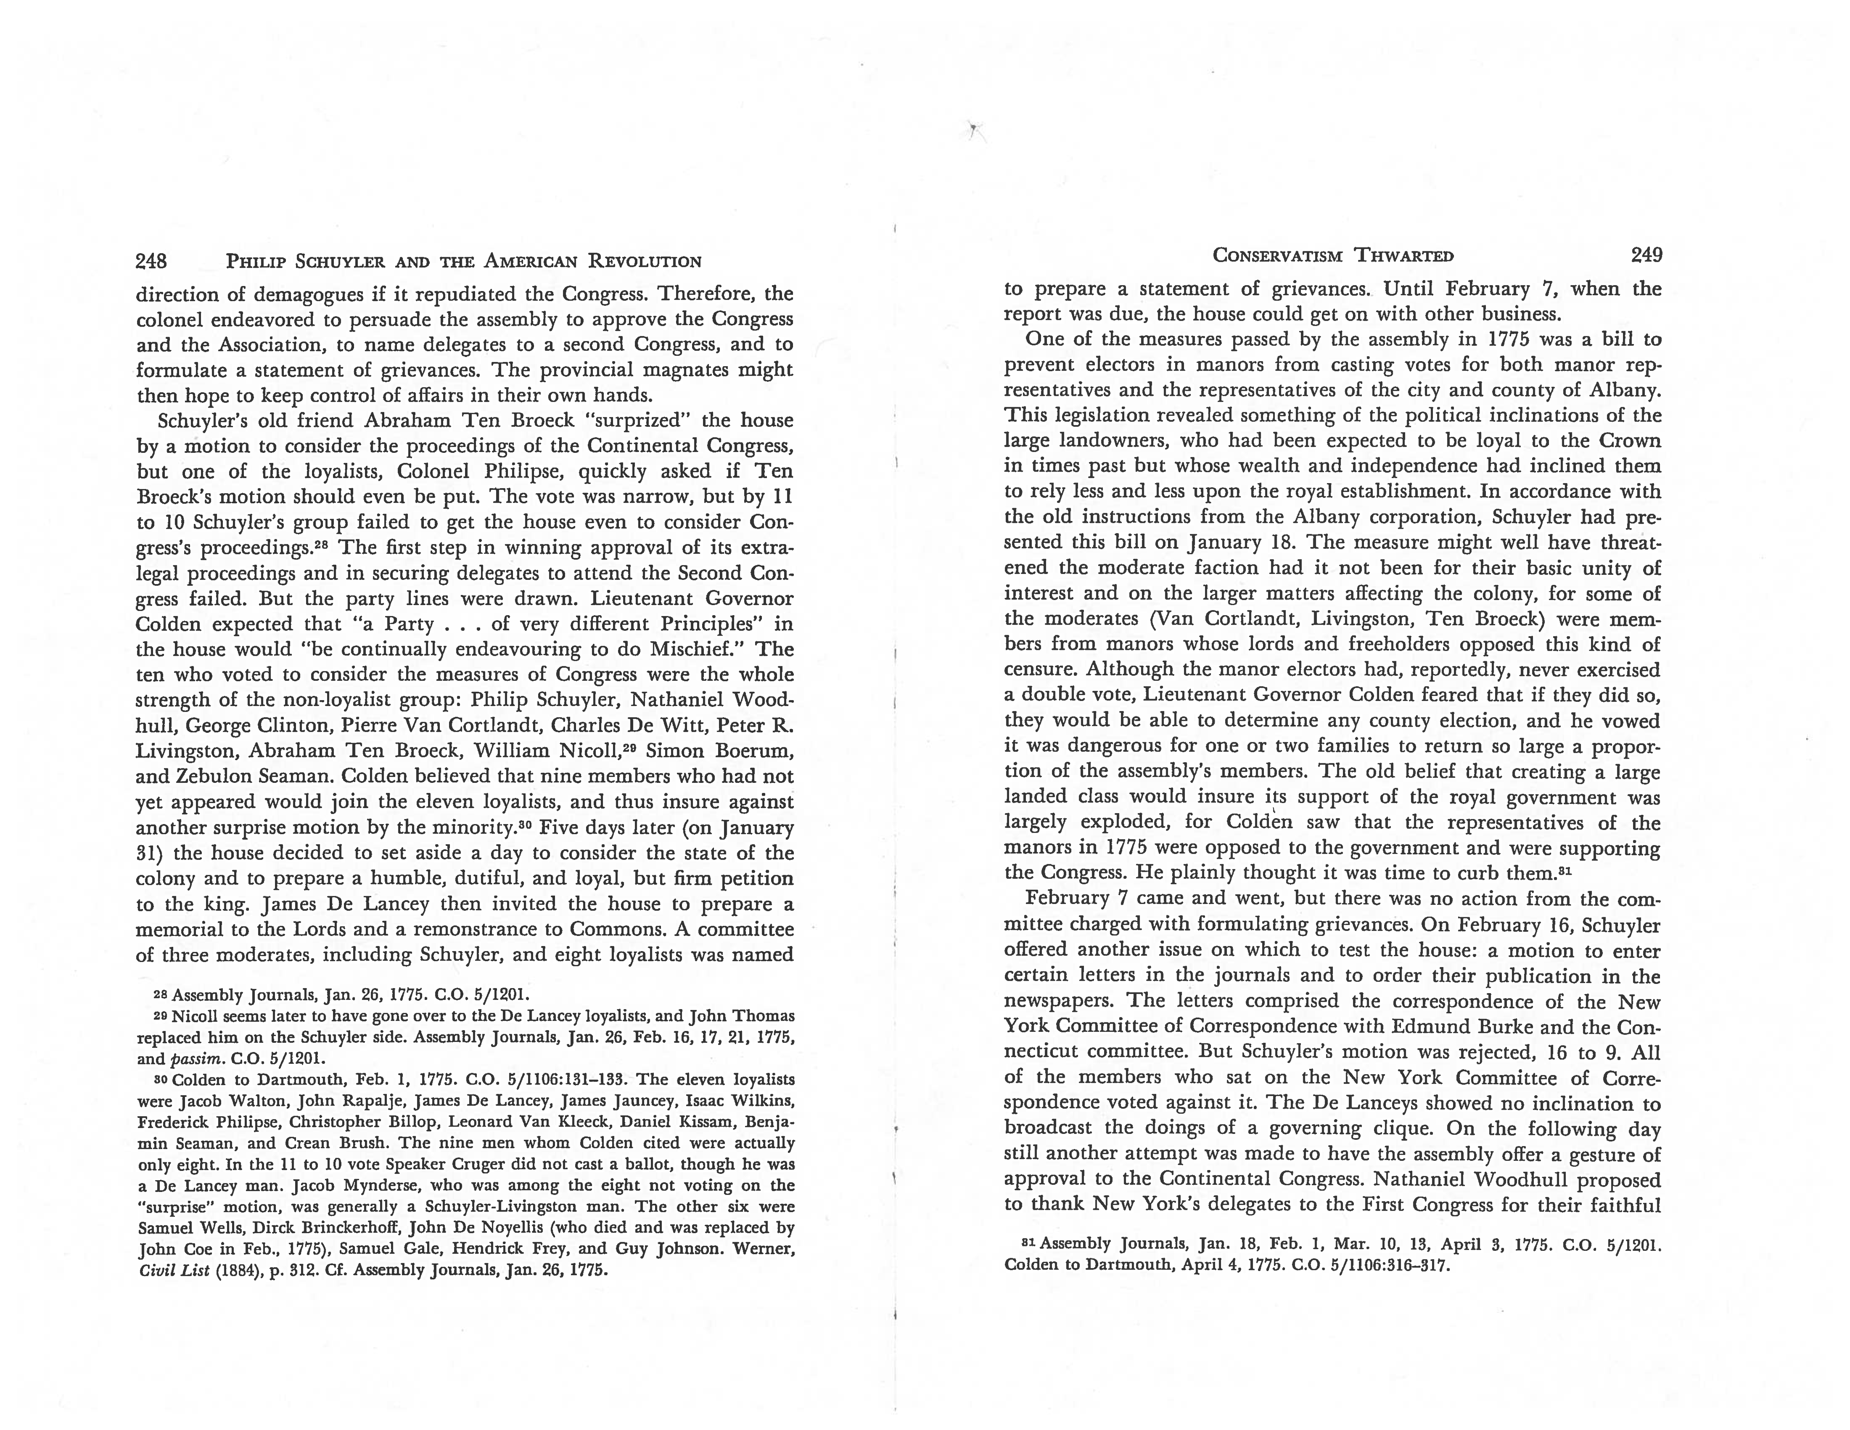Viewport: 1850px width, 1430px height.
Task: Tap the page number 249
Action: point(1646,255)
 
